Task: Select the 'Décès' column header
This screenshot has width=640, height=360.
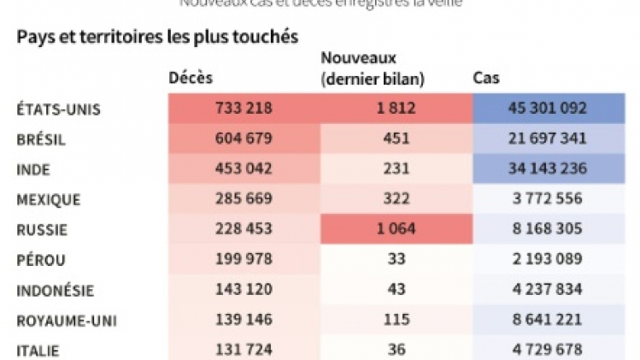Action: click(x=191, y=79)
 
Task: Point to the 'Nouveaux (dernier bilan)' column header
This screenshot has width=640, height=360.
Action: click(x=373, y=68)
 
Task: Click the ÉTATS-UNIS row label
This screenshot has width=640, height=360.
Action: click(x=59, y=109)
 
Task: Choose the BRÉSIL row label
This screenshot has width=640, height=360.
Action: click(x=41, y=139)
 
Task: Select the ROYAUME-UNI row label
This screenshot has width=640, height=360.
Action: click(x=67, y=321)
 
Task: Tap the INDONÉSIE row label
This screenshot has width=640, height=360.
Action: click(x=56, y=291)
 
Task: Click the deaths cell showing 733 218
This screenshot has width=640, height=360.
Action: click(x=244, y=109)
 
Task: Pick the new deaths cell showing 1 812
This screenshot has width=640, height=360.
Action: click(x=396, y=109)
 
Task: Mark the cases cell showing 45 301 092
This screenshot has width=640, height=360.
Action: click(x=548, y=109)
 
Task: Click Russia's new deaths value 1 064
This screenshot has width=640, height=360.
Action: click(x=396, y=229)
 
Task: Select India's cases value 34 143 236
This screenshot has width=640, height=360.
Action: click(x=548, y=168)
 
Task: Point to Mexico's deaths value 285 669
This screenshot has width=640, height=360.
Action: click(x=244, y=199)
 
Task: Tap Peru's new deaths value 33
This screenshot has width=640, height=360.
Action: click(x=396, y=260)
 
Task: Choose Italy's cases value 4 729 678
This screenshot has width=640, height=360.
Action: click(x=548, y=350)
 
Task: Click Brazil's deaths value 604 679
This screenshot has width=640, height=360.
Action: click(x=244, y=139)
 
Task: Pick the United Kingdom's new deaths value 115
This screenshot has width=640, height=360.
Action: click(x=396, y=321)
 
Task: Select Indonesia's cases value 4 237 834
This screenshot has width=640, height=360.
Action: click(x=548, y=291)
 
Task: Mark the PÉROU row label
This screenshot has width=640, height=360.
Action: click(x=41, y=260)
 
